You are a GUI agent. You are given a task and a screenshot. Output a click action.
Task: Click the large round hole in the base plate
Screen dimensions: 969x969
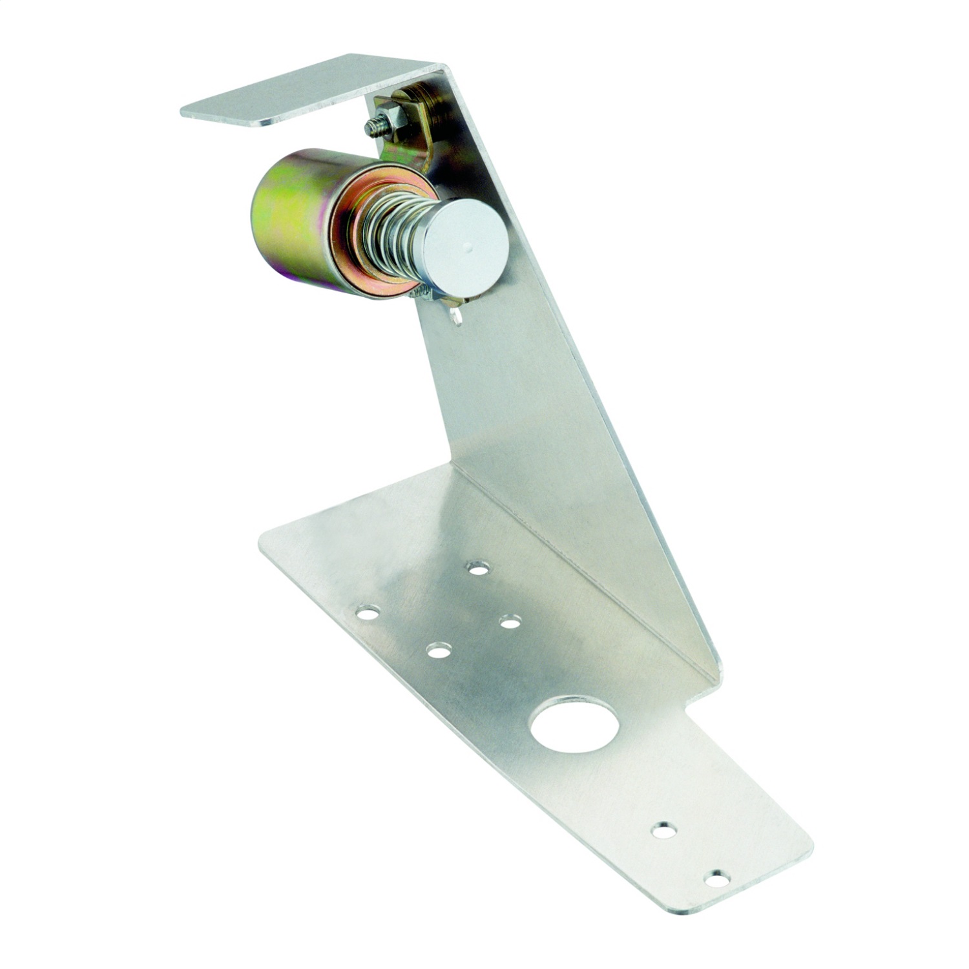tap(574, 724)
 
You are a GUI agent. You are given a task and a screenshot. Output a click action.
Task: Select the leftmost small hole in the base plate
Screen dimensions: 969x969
tap(368, 611)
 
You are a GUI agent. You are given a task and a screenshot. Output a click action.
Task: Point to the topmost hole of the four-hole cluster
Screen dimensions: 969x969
tap(479, 568)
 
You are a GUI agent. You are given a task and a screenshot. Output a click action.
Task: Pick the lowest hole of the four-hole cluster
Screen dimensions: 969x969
tap(439, 651)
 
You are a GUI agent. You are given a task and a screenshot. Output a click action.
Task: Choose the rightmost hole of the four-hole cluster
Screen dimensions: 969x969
tap(510, 623)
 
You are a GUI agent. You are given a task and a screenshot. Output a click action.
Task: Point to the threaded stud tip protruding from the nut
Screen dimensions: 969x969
tap(373, 127)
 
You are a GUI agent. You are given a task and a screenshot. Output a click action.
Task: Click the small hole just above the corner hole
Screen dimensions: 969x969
tap(664, 830)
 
